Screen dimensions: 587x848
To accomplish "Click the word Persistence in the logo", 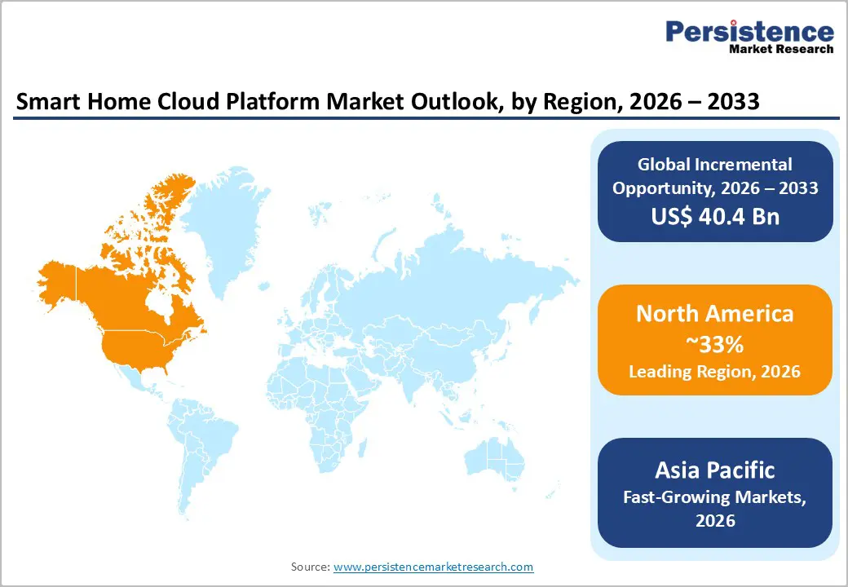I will click(x=749, y=32).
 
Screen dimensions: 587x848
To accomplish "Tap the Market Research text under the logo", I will click(x=780, y=49).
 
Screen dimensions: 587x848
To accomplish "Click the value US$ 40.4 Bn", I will click(x=714, y=217).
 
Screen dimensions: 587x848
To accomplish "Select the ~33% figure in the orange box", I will click(x=714, y=344).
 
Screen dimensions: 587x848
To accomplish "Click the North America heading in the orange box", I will click(x=714, y=314).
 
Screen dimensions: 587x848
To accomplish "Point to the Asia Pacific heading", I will click(x=714, y=470).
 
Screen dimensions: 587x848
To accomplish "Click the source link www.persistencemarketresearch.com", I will click(x=433, y=567).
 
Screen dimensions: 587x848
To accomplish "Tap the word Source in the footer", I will click(x=310, y=567).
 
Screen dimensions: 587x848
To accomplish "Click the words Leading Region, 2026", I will click(x=714, y=372).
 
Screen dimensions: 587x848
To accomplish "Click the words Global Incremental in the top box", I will click(x=714, y=165).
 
